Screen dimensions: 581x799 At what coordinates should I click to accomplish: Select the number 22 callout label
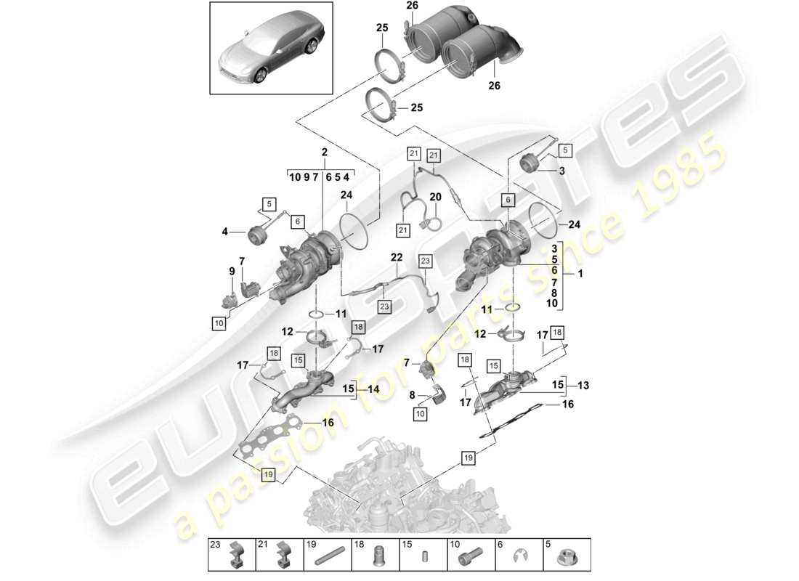(x=396, y=257)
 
